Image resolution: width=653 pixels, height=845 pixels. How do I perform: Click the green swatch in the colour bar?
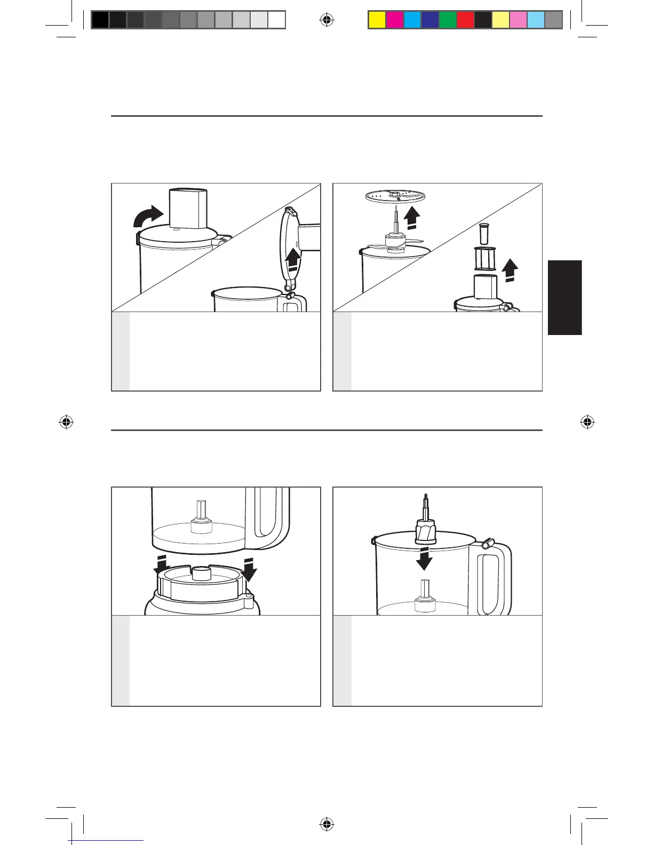448,20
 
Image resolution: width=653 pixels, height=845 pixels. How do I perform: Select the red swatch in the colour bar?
465,20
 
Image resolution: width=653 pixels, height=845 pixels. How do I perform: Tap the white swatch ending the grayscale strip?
276,20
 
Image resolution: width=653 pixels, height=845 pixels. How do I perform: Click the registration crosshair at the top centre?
327,20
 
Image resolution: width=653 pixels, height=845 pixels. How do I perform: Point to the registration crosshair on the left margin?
66,422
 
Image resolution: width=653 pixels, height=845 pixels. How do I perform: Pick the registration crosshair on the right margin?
587,422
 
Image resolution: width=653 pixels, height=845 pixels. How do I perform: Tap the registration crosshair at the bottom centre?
327,824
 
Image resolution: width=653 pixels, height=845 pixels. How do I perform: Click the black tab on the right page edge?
564,297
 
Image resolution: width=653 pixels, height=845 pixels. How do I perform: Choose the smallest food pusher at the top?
484,233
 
